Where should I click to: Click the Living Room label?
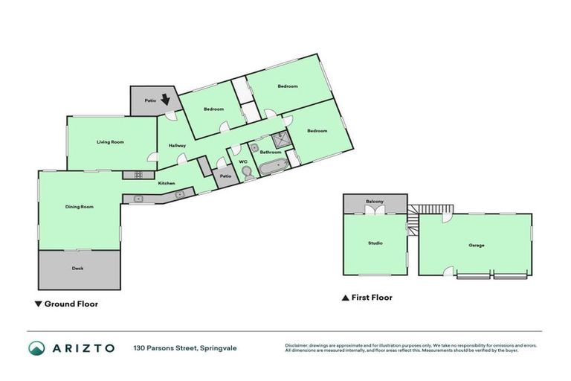click(110, 141)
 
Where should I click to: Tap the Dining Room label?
click(79, 206)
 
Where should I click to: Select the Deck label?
click(78, 269)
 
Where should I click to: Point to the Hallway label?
click(177, 145)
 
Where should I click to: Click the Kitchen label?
click(167, 183)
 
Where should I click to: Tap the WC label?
click(243, 161)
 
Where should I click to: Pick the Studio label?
click(375, 243)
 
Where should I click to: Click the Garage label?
click(476, 244)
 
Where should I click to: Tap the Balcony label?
click(374, 202)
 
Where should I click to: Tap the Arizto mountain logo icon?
click(36, 348)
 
